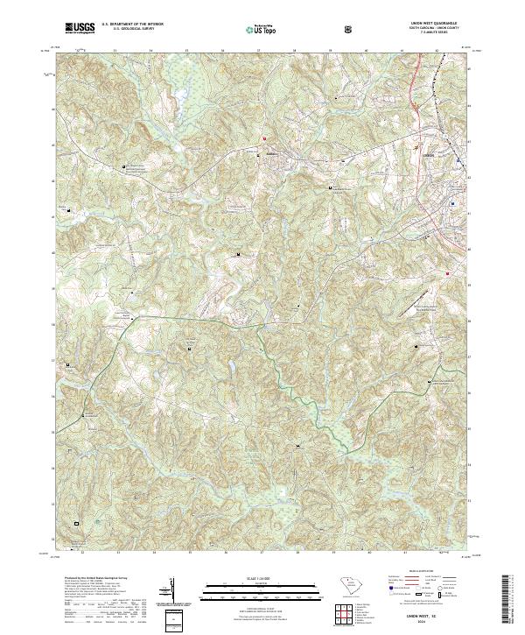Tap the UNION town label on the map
click(x=428, y=154)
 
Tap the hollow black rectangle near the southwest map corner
click(x=77, y=523)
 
